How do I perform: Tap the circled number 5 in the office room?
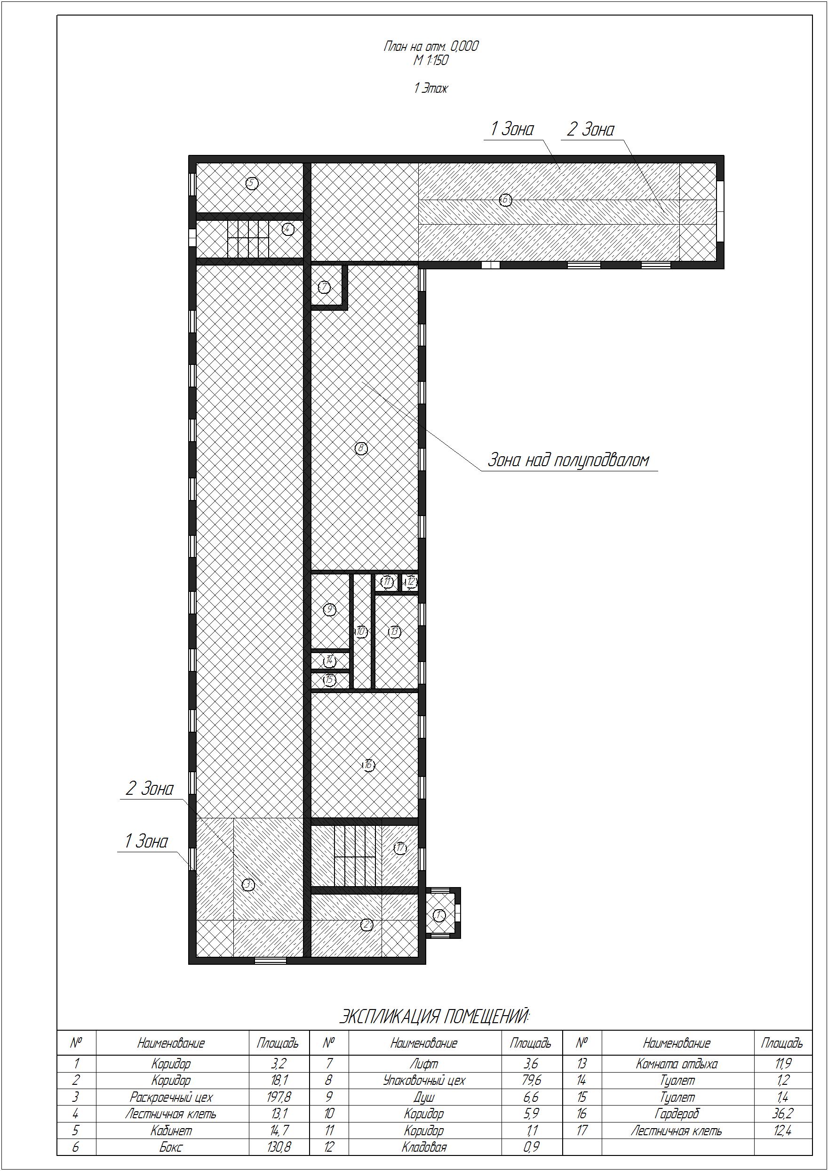pyautogui.click(x=251, y=183)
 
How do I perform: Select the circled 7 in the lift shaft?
pyautogui.click(x=325, y=287)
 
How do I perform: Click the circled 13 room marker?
pyautogui.click(x=395, y=632)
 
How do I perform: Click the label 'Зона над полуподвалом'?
pyautogui.click(x=568, y=460)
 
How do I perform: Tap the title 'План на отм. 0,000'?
pyautogui.click(x=431, y=47)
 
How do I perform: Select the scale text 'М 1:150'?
pyautogui.click(x=431, y=60)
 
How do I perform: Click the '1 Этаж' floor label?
pyautogui.click(x=431, y=88)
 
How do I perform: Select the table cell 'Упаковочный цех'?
pyautogui.click(x=424, y=1080)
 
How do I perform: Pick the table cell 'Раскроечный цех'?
pyautogui.click(x=171, y=1097)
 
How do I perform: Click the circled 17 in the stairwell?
pyautogui.click(x=400, y=848)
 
